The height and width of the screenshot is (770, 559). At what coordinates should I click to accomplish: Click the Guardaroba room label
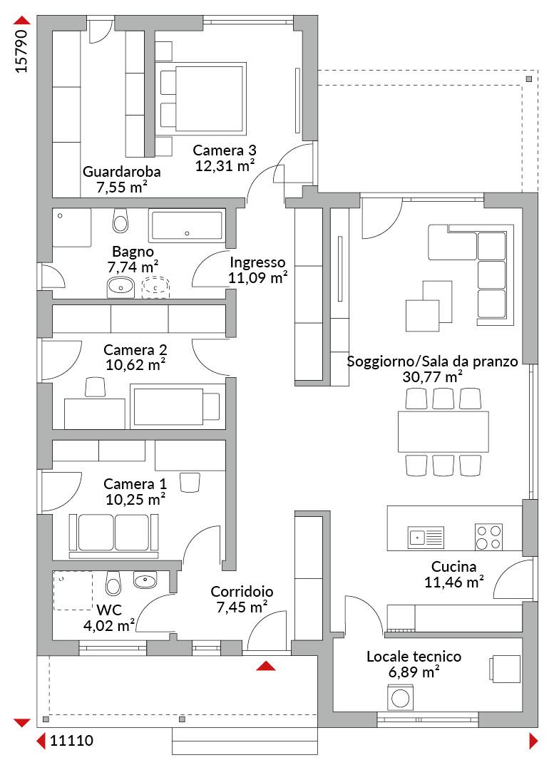click(121, 172)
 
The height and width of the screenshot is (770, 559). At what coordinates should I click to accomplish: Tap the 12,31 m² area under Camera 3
click(225, 166)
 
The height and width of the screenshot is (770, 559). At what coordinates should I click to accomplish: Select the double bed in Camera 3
click(202, 98)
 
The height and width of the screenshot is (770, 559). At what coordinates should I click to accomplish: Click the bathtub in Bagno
click(187, 227)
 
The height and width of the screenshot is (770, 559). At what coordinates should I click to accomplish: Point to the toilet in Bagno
click(120, 220)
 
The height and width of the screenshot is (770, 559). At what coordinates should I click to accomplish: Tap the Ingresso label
click(257, 262)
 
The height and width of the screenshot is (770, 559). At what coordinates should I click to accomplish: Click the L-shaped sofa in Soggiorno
click(471, 274)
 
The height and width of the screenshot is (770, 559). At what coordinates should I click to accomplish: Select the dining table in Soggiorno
click(443, 431)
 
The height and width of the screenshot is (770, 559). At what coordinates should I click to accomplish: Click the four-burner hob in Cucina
click(488, 538)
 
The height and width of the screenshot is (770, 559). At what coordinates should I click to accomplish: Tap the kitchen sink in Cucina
click(426, 538)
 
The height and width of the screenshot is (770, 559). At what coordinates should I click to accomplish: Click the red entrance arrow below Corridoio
click(266, 665)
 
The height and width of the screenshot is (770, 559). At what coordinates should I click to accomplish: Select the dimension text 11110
click(72, 741)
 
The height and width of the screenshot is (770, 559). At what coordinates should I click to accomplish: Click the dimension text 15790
click(21, 51)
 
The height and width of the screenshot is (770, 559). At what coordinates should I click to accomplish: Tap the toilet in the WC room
click(113, 583)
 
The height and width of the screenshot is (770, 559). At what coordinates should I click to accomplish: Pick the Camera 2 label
click(135, 350)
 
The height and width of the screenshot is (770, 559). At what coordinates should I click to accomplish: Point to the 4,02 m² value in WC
click(109, 626)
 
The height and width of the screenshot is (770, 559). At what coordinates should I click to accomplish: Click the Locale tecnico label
click(414, 657)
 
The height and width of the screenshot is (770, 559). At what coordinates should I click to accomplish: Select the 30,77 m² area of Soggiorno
click(432, 377)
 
